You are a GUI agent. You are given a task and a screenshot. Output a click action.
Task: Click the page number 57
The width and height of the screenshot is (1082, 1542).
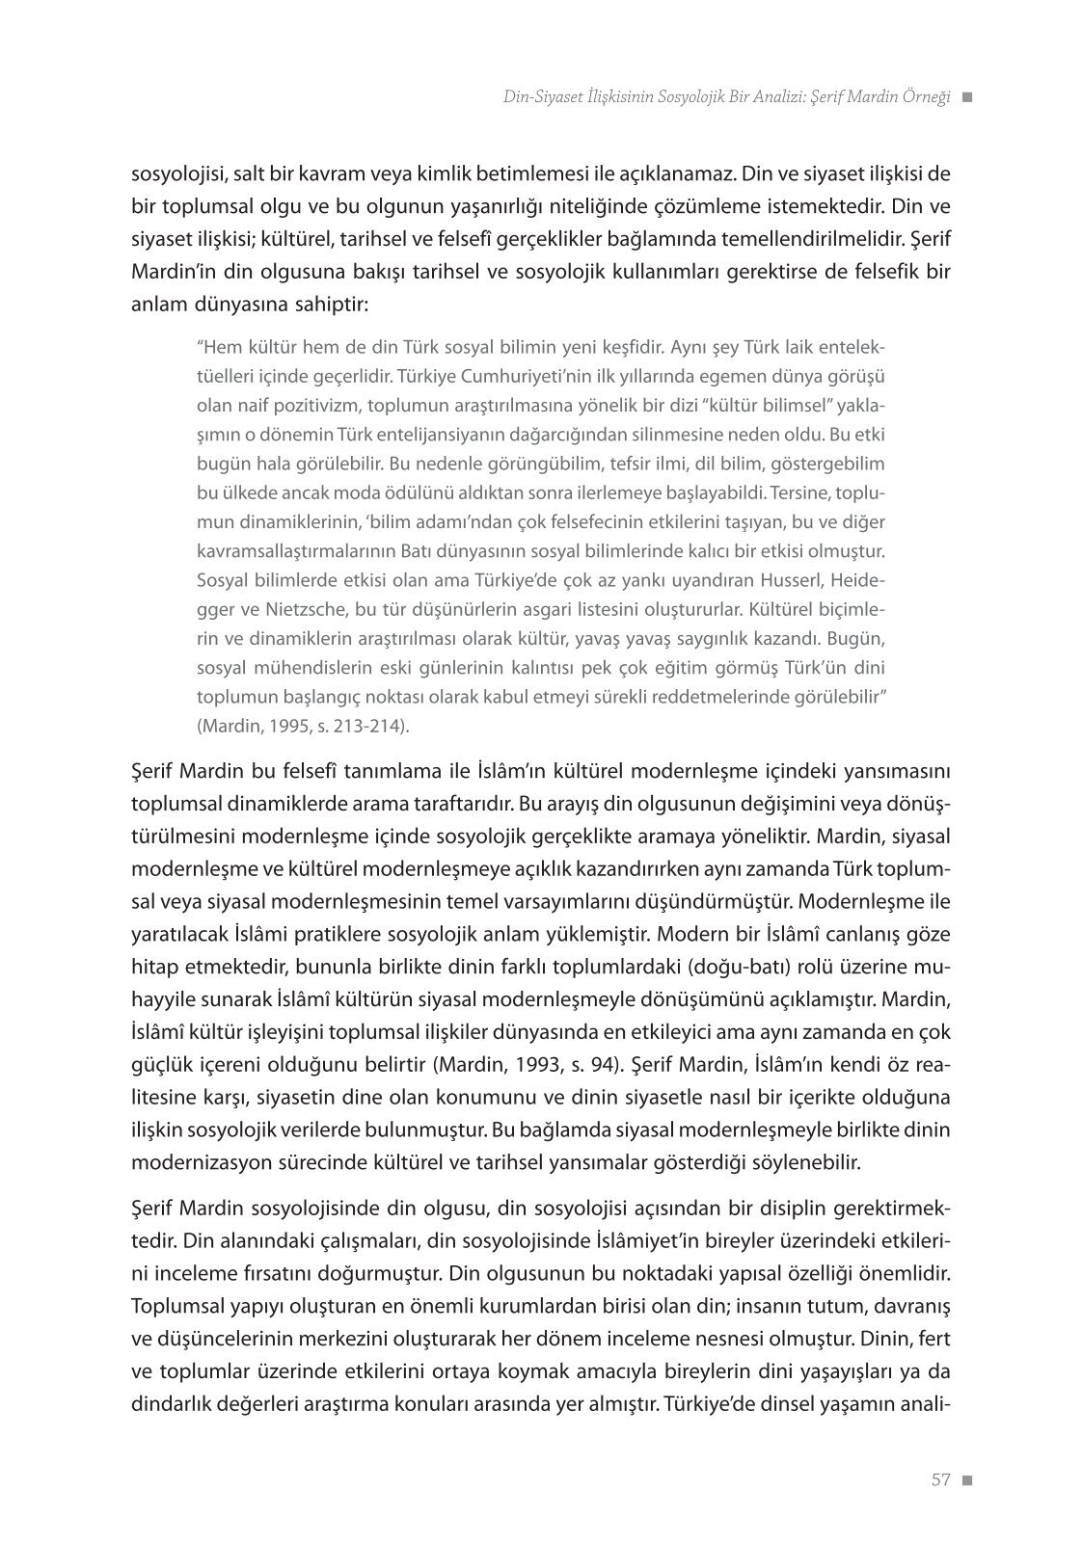(941, 1480)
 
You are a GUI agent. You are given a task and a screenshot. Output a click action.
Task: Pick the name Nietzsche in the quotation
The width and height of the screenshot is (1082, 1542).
(300, 609)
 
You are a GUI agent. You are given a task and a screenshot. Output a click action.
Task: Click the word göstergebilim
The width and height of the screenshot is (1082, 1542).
(828, 464)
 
